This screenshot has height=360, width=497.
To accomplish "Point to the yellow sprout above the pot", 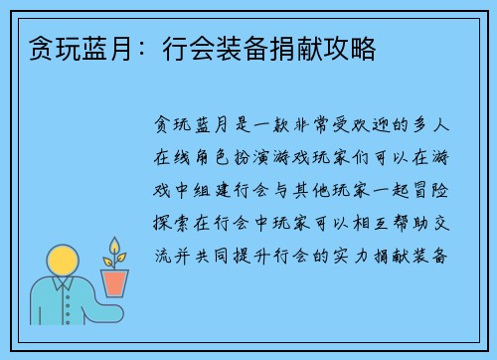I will (x=115, y=252).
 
